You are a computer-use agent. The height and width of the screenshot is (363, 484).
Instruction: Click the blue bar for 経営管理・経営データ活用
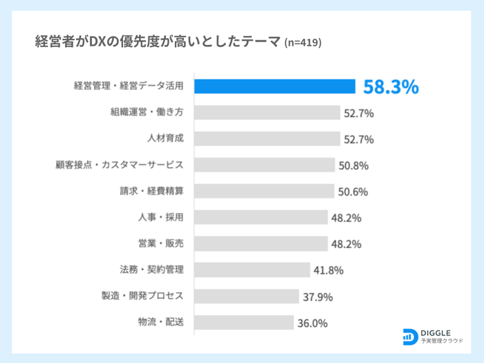(x=274, y=86)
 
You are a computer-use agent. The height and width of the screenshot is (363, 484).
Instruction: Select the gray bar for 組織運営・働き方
(x=267, y=113)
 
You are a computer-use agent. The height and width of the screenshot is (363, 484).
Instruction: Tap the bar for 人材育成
(x=267, y=139)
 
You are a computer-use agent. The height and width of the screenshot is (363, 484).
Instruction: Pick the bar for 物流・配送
(x=244, y=322)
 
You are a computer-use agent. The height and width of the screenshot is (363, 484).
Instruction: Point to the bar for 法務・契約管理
(x=252, y=270)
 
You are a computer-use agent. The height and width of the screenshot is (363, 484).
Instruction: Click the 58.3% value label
(x=391, y=87)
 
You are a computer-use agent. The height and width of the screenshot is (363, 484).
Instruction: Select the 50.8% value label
(x=354, y=166)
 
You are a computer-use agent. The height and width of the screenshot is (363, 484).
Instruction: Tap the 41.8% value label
(x=328, y=270)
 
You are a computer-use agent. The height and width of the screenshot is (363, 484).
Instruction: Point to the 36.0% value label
(x=313, y=323)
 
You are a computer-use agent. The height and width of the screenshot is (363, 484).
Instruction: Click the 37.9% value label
(x=318, y=297)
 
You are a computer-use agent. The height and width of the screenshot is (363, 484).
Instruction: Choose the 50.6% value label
(x=353, y=192)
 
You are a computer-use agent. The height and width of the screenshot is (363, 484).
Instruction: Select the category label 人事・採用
(x=161, y=217)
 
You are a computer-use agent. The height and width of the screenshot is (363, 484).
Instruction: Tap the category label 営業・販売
(x=161, y=243)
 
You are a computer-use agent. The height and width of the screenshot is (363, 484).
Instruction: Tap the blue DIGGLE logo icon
(x=409, y=336)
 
